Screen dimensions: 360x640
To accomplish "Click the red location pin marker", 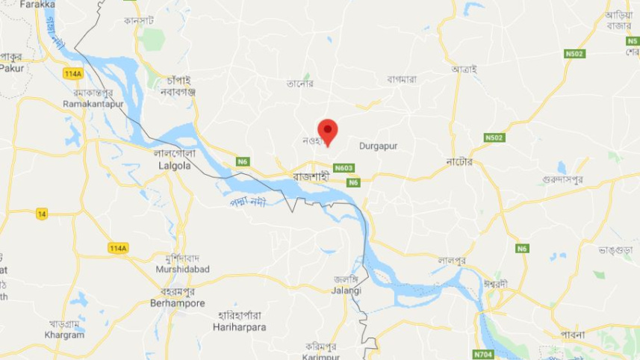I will pyautogui.click(x=327, y=131).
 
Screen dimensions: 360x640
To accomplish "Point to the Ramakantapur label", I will pyautogui.click(x=93, y=104).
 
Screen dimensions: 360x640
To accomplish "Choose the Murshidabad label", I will pyautogui.click(x=182, y=268).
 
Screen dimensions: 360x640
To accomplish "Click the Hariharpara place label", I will pyautogui.click(x=238, y=327).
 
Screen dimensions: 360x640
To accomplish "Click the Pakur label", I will pyautogui.click(x=12, y=67).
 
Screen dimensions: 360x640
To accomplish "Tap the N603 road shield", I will pyautogui.click(x=343, y=168).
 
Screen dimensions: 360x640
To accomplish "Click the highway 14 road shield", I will pyautogui.click(x=42, y=214).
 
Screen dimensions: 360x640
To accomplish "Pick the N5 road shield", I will pyautogui.click(x=632, y=42).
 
